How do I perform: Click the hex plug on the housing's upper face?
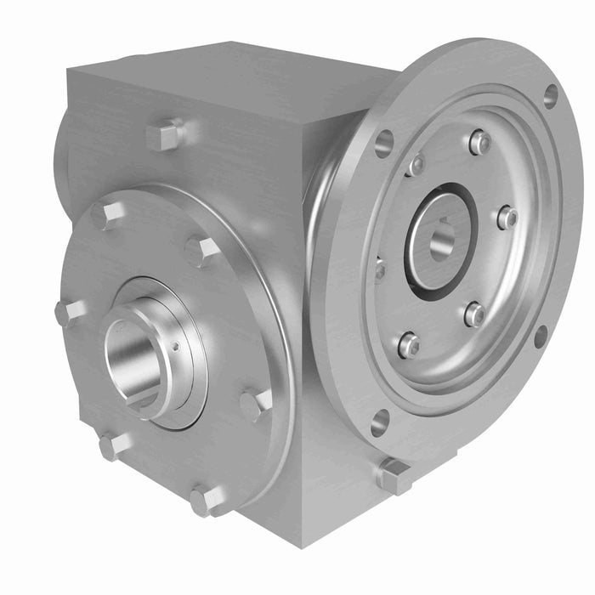(165, 135)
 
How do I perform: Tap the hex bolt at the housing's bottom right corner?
(394, 476)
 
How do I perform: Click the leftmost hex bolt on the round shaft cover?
(69, 312)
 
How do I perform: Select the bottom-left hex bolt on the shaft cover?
(113, 445)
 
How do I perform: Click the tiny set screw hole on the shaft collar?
(176, 346)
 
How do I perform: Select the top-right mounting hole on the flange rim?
(550, 95)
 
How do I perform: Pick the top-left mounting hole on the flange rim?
(384, 143)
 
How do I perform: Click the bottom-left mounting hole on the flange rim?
(380, 422)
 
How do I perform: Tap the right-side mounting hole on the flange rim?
(540, 337)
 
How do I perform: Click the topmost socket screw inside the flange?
(480, 142)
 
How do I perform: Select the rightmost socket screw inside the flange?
(507, 218)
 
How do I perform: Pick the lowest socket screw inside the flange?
(409, 344)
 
